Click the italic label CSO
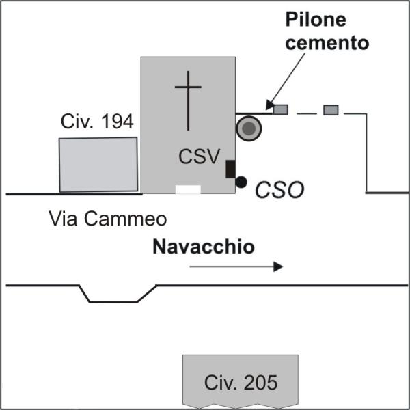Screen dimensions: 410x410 279,189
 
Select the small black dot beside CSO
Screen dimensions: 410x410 241,182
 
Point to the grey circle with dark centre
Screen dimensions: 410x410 249,128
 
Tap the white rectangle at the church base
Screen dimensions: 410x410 188,189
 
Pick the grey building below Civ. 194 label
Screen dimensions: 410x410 98,164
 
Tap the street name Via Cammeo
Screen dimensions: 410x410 108,219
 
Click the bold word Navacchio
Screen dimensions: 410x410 204,247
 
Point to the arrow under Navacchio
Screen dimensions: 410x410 236,266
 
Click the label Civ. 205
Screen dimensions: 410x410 241,383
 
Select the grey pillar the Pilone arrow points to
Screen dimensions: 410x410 280,109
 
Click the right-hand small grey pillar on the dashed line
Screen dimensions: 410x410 331,109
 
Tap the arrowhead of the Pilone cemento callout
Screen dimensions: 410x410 270,105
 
